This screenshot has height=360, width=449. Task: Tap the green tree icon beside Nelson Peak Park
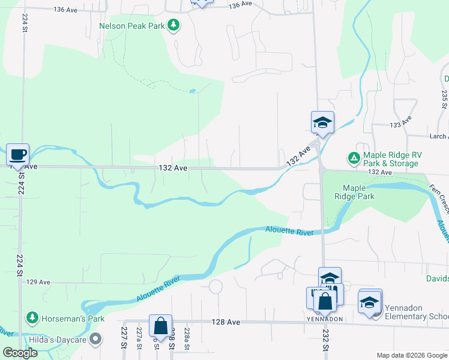[x=173, y=25]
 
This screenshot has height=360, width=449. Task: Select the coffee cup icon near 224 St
[x=17, y=154]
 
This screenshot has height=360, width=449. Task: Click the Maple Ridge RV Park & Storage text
[x=391, y=159]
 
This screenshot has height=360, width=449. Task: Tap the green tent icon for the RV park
[x=354, y=158]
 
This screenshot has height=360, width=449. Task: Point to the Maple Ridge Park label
[x=358, y=192]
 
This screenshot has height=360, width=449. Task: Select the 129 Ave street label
[x=38, y=281]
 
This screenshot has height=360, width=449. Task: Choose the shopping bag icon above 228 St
[x=160, y=326]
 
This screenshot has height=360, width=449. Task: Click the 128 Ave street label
[x=226, y=322]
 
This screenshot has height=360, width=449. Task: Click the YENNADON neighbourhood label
[x=325, y=319]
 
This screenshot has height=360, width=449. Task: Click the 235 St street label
[x=445, y=99]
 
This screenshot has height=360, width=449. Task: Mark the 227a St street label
[x=139, y=343]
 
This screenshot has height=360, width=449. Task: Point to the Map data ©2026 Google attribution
[x=411, y=355]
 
